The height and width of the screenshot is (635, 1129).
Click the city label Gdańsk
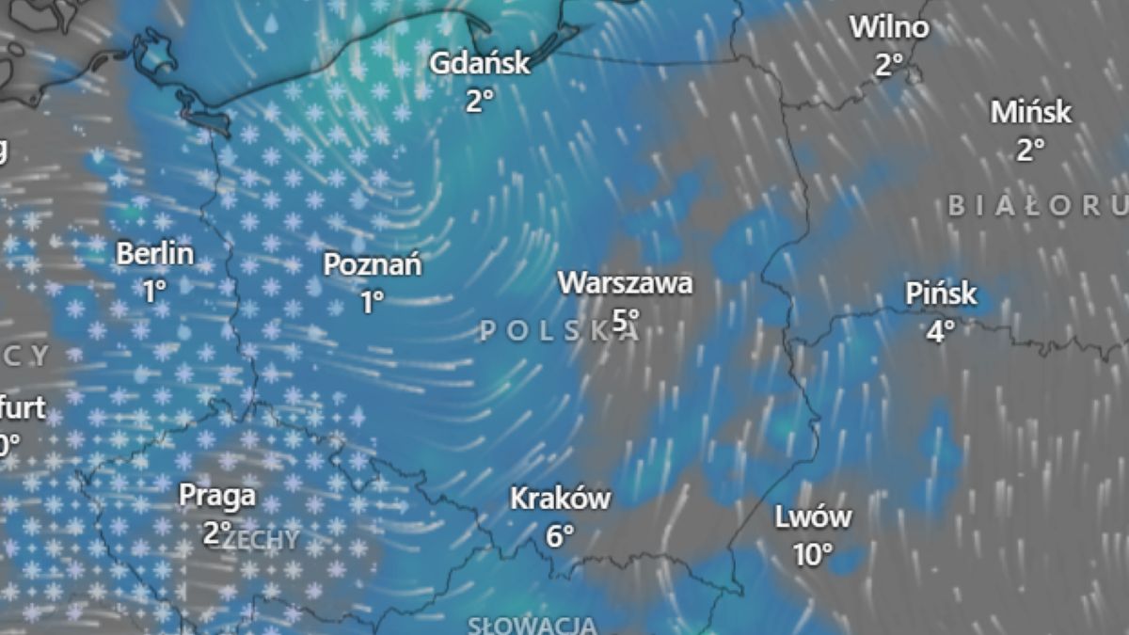click(x=480, y=64)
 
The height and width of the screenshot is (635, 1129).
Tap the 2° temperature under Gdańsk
click(x=480, y=100)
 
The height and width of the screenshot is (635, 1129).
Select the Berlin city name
click(x=155, y=253)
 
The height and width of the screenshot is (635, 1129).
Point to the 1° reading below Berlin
click(x=155, y=291)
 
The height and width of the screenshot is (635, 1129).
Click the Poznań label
click(x=373, y=264)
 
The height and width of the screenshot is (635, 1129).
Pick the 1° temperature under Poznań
click(x=373, y=302)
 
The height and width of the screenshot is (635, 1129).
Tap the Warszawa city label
click(x=626, y=282)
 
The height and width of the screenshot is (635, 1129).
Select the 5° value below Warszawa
click(x=626, y=319)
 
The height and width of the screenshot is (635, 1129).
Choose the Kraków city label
click(x=560, y=498)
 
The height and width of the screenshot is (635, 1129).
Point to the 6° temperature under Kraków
click(x=560, y=535)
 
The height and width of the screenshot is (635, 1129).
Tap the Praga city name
click(x=217, y=495)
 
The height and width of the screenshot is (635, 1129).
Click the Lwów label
click(x=813, y=516)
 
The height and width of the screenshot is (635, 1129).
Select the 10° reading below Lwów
click(x=813, y=554)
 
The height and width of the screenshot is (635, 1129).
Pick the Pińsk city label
click(x=941, y=294)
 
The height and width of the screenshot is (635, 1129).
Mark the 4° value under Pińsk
click(x=941, y=330)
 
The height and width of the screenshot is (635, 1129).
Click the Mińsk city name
click(x=1031, y=112)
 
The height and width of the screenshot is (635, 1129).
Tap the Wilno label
click(x=889, y=27)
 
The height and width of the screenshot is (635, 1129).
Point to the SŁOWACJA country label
click(x=533, y=625)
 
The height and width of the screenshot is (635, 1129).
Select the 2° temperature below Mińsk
click(x=1031, y=150)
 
